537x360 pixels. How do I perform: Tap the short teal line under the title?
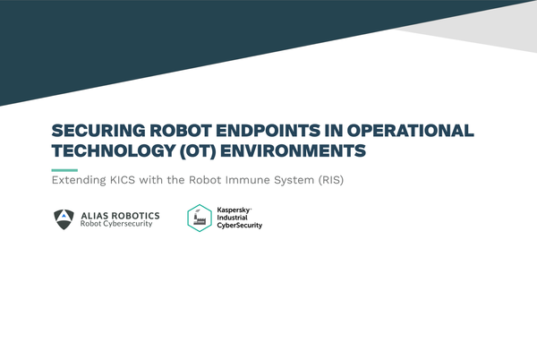pos(64,169)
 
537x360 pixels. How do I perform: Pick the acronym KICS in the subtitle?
pos(135,181)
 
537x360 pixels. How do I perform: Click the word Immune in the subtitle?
pos(251,181)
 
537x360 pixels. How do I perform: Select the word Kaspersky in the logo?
pos(234,209)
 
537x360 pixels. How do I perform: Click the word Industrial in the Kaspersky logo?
pos(234,218)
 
